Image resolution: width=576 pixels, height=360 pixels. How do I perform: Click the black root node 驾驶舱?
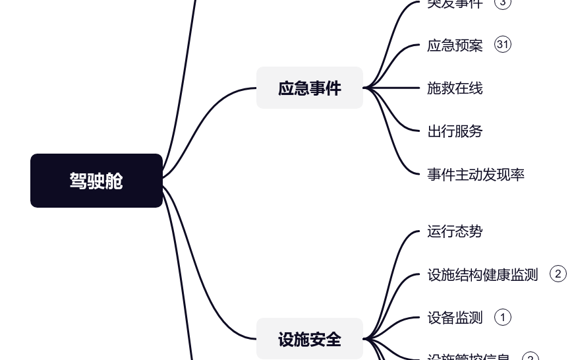96,181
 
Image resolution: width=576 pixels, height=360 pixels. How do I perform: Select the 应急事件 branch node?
309,88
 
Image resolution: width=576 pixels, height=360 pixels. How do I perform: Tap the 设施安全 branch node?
309,340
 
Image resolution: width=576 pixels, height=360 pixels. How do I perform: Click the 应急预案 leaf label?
455,45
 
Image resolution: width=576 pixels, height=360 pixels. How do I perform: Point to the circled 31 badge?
502,44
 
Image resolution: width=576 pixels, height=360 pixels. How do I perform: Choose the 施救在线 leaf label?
455,88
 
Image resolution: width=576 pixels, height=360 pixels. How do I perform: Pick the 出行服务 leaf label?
455,131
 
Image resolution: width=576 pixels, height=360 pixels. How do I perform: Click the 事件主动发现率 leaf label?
476,175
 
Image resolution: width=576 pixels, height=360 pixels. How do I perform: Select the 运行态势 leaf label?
455,231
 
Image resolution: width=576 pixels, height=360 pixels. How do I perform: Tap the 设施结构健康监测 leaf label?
482,274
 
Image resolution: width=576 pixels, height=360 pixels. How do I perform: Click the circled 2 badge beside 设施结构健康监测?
558,274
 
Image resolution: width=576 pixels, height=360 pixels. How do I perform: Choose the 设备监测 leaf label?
455,318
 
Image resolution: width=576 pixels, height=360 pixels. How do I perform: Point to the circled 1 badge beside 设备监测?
502,317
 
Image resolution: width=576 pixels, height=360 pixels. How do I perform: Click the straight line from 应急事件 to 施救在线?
395,88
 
